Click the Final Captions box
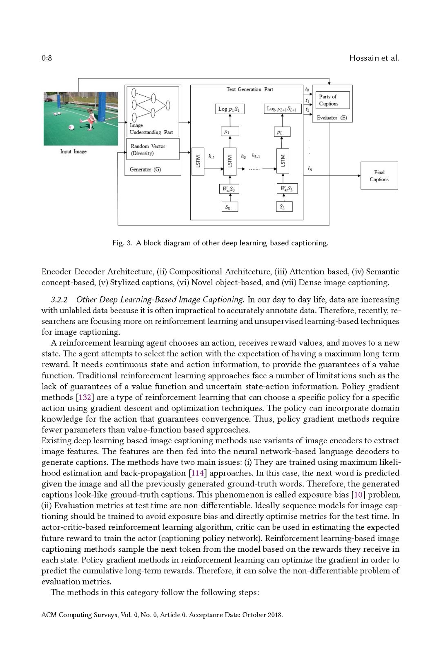(379, 175)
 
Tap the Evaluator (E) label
(332, 118)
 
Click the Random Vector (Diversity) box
(152, 149)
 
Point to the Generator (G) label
(145, 169)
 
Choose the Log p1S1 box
(229, 109)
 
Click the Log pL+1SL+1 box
(282, 109)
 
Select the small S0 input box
(229, 207)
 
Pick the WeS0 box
(229, 189)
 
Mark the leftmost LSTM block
(198, 161)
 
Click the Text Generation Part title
(249, 89)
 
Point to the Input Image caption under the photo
(73, 151)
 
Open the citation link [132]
(85, 397)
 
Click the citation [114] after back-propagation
(198, 473)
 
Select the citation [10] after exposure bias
(358, 495)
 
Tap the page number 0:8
(47, 58)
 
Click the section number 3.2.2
(59, 300)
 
